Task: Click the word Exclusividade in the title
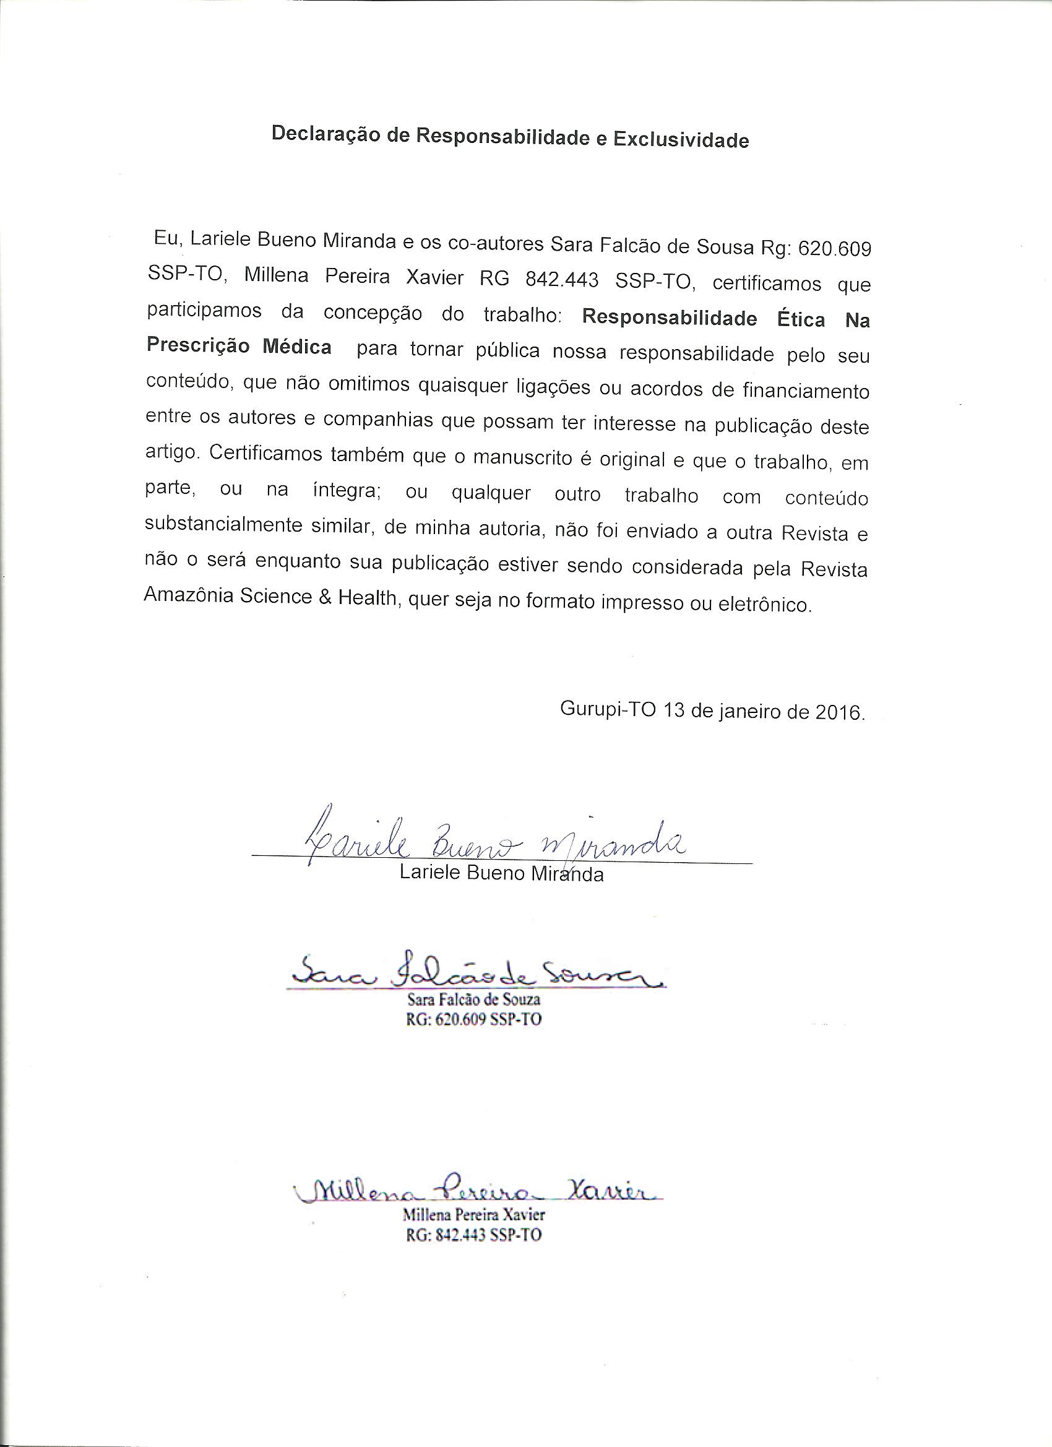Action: pyautogui.click(x=681, y=140)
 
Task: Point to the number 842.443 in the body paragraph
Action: pyautogui.click(x=561, y=280)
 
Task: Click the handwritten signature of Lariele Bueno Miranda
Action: pyautogui.click(x=491, y=842)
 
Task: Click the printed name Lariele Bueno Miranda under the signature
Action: pyautogui.click(x=501, y=873)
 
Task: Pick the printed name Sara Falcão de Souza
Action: pyautogui.click(x=473, y=1000)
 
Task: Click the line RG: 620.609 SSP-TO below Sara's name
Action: pyautogui.click(x=473, y=1019)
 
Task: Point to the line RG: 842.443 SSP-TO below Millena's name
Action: pyautogui.click(x=473, y=1235)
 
